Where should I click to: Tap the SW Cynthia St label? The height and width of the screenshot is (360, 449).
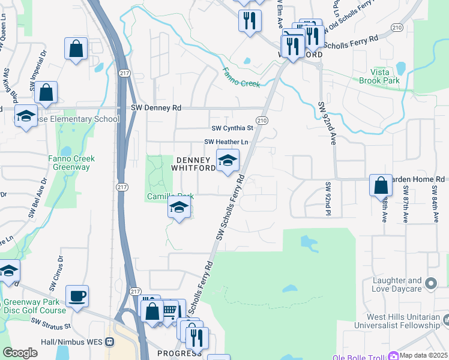(x=232, y=128)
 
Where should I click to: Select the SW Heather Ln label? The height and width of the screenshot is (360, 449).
(x=226, y=142)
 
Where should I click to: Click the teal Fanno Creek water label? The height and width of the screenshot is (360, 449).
(x=241, y=79)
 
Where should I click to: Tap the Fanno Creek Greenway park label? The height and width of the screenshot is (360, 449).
(x=71, y=163)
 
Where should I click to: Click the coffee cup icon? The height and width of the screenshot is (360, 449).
(x=77, y=296)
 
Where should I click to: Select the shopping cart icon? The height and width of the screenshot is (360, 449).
(x=170, y=310)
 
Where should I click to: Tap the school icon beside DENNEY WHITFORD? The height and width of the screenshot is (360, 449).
(x=228, y=161)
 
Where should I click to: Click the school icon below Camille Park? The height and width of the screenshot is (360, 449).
(x=178, y=209)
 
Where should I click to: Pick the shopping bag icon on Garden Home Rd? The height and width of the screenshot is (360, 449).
(x=381, y=185)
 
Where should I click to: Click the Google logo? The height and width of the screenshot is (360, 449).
(x=20, y=353)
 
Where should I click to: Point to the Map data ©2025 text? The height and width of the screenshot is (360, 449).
(x=424, y=355)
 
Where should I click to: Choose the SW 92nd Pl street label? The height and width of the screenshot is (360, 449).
(x=328, y=199)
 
